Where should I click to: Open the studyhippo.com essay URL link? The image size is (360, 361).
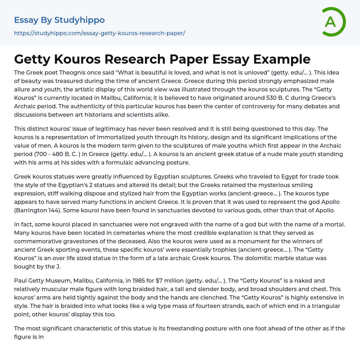99,33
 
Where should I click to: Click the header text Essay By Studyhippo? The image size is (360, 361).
59,20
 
